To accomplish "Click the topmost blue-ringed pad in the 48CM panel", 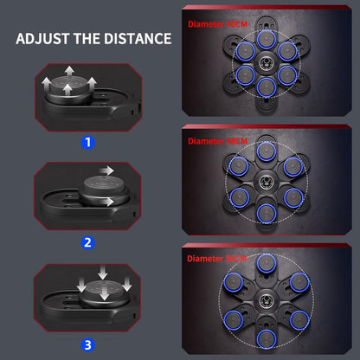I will [x=267, y=152].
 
